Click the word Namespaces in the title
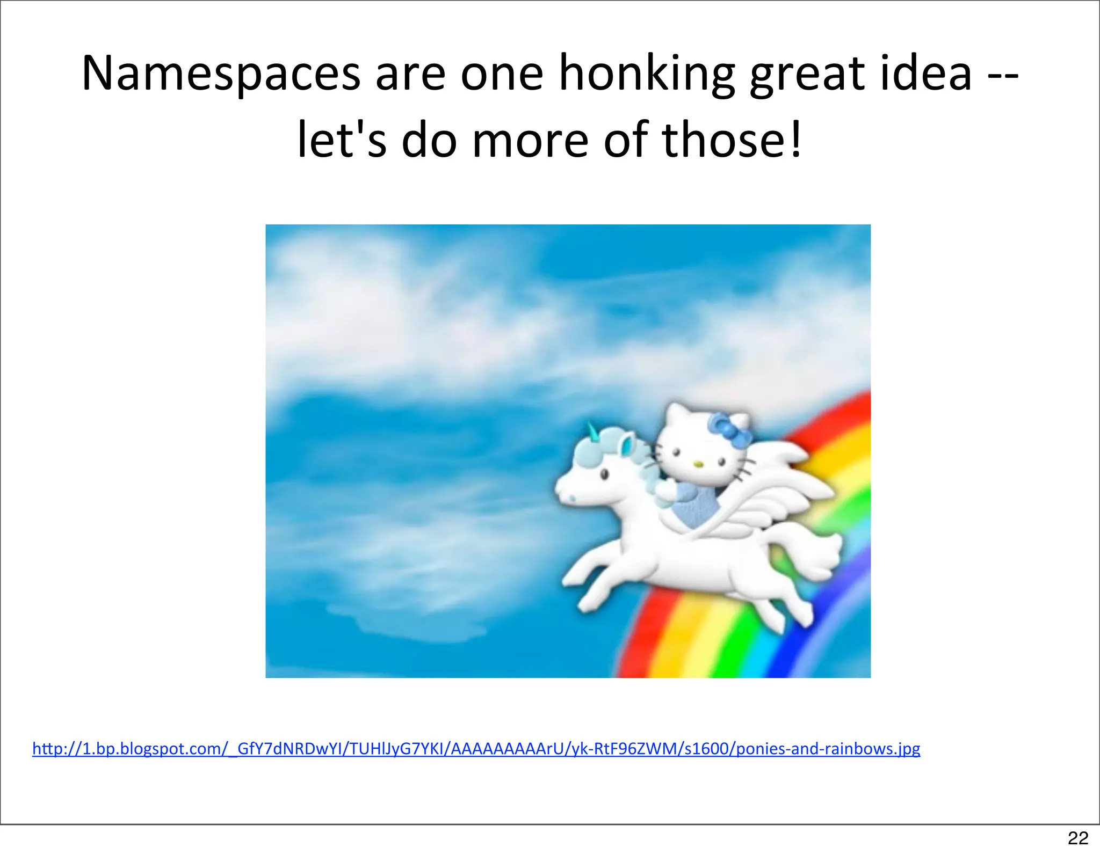point(221,74)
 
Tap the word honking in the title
point(646,74)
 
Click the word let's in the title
point(342,141)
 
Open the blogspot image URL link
point(476,748)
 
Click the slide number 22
point(1078,837)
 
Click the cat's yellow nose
point(698,463)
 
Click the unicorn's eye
point(604,474)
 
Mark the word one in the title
point(502,74)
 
